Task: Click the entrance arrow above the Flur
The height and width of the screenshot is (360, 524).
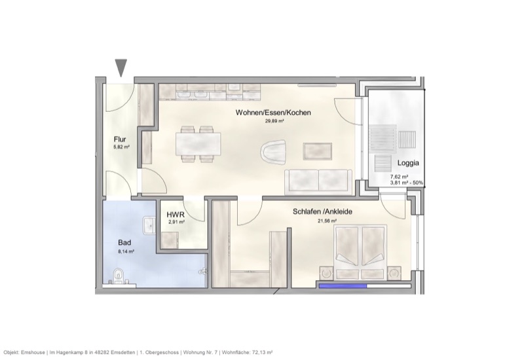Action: tap(121, 67)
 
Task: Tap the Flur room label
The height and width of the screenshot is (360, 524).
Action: tap(119, 139)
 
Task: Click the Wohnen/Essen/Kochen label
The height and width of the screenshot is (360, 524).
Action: tap(273, 113)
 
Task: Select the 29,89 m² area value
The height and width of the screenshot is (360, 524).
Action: tap(273, 121)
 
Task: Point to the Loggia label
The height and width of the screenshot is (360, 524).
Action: tap(408, 163)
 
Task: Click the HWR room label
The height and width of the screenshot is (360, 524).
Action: tap(175, 215)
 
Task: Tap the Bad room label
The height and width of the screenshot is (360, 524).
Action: tap(124, 242)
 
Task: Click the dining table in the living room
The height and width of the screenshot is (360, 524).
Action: tap(198, 143)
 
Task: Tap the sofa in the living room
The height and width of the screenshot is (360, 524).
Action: tap(318, 181)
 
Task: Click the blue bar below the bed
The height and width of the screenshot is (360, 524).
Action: tap(343, 285)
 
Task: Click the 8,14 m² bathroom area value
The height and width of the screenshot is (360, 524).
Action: tap(126, 251)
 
